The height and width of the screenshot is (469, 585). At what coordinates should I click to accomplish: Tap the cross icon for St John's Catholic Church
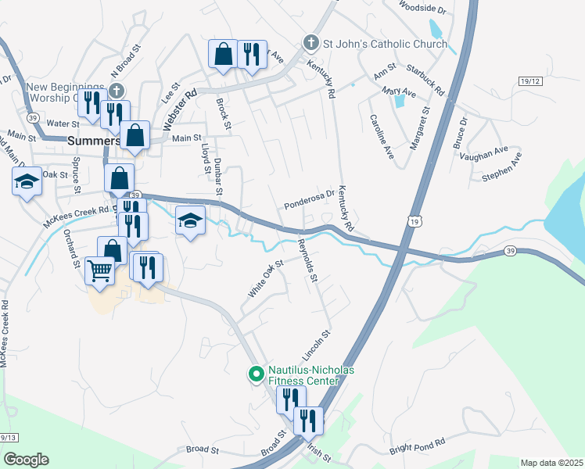point(310,43)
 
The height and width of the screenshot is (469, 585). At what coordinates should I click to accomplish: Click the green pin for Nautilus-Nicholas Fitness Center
point(255,375)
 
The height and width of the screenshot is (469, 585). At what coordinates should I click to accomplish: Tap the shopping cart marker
point(100,270)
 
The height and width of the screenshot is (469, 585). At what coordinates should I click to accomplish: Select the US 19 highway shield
point(412,223)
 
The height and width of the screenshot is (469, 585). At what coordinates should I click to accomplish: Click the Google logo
point(26,460)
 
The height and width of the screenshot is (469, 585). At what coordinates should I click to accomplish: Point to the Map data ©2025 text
point(551,463)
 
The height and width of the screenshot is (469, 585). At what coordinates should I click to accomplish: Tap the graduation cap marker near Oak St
point(27,182)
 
